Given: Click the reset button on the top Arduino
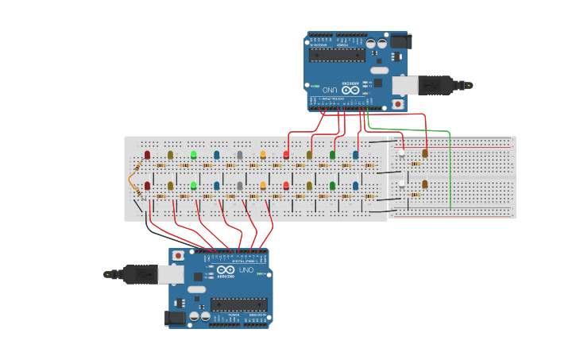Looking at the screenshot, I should [397, 103].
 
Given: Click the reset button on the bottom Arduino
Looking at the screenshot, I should [179, 256].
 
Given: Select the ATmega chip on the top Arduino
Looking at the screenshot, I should [337, 54].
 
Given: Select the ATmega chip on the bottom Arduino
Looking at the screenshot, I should [239, 304].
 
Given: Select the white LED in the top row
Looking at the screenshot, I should [402, 153].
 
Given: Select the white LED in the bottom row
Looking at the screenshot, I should [402, 184].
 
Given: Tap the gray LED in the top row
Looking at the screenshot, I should [240, 155].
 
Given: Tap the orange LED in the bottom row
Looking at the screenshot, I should [263, 185].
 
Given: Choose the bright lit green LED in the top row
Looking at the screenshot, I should [193, 154].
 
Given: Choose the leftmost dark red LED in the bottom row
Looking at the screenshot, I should [147, 186].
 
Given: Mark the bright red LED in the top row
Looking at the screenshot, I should [286, 155].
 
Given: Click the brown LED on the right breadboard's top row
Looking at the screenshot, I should [425, 153].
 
